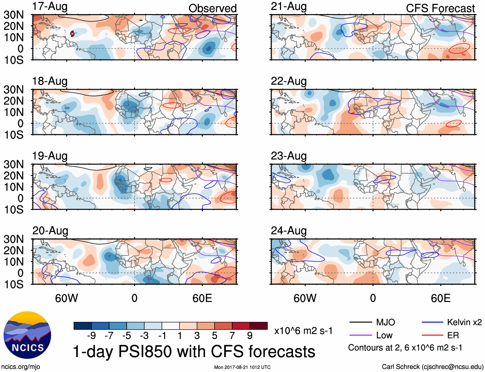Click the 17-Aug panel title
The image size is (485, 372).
tap(50, 6)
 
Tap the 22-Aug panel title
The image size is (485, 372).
tap(289, 81)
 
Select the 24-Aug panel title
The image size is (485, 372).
tap(289, 231)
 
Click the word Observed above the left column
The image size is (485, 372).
tap(212, 8)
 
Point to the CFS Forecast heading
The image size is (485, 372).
tap(440, 8)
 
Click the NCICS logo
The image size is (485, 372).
tap(27, 335)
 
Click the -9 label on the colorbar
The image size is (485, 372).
tap(92, 336)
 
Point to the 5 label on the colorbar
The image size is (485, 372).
tap(215, 336)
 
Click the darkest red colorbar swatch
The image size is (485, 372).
tap(259, 326)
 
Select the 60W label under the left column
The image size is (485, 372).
tap(66, 298)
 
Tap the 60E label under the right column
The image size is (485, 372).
tap(440, 298)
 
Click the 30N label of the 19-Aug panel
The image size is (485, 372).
tap(13, 164)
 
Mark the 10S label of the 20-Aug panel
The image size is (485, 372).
tap(13, 284)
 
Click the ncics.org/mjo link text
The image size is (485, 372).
tap(21, 367)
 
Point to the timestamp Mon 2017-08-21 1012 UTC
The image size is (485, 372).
tap(242, 367)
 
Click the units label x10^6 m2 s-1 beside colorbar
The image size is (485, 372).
tap(303, 331)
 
